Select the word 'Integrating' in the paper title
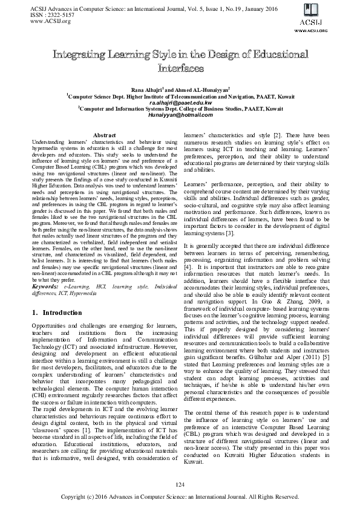89,55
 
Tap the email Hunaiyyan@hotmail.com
180,115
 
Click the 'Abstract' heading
106,135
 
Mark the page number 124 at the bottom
180,485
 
